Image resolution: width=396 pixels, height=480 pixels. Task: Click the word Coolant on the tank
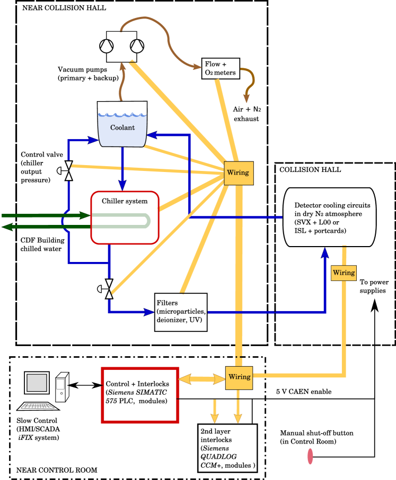pos(122,128)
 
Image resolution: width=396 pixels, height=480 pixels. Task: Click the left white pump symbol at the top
pos(107,46)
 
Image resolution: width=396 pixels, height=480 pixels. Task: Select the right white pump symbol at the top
pos(137,46)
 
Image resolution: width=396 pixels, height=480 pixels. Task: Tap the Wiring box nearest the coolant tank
pos(239,173)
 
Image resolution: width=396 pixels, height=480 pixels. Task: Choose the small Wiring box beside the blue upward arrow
pos(344,273)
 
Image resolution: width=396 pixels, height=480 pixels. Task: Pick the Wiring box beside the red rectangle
pos(239,377)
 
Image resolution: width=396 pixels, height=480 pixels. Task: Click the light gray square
pos(37,383)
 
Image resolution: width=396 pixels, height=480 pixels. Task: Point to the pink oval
pos(310,456)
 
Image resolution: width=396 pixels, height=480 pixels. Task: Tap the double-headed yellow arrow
pos(202,379)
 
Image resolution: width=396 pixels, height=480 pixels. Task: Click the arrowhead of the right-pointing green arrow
pos(85,215)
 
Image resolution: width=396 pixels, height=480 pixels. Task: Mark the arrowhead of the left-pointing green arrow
pos(7,227)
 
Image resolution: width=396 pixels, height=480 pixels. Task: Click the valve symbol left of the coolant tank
pos(68,170)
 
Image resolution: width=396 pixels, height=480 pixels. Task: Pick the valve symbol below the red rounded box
pos(109,289)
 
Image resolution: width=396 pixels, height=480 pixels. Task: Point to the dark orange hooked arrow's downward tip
pos(247,99)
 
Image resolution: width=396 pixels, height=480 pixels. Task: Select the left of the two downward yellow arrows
pos(215,418)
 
